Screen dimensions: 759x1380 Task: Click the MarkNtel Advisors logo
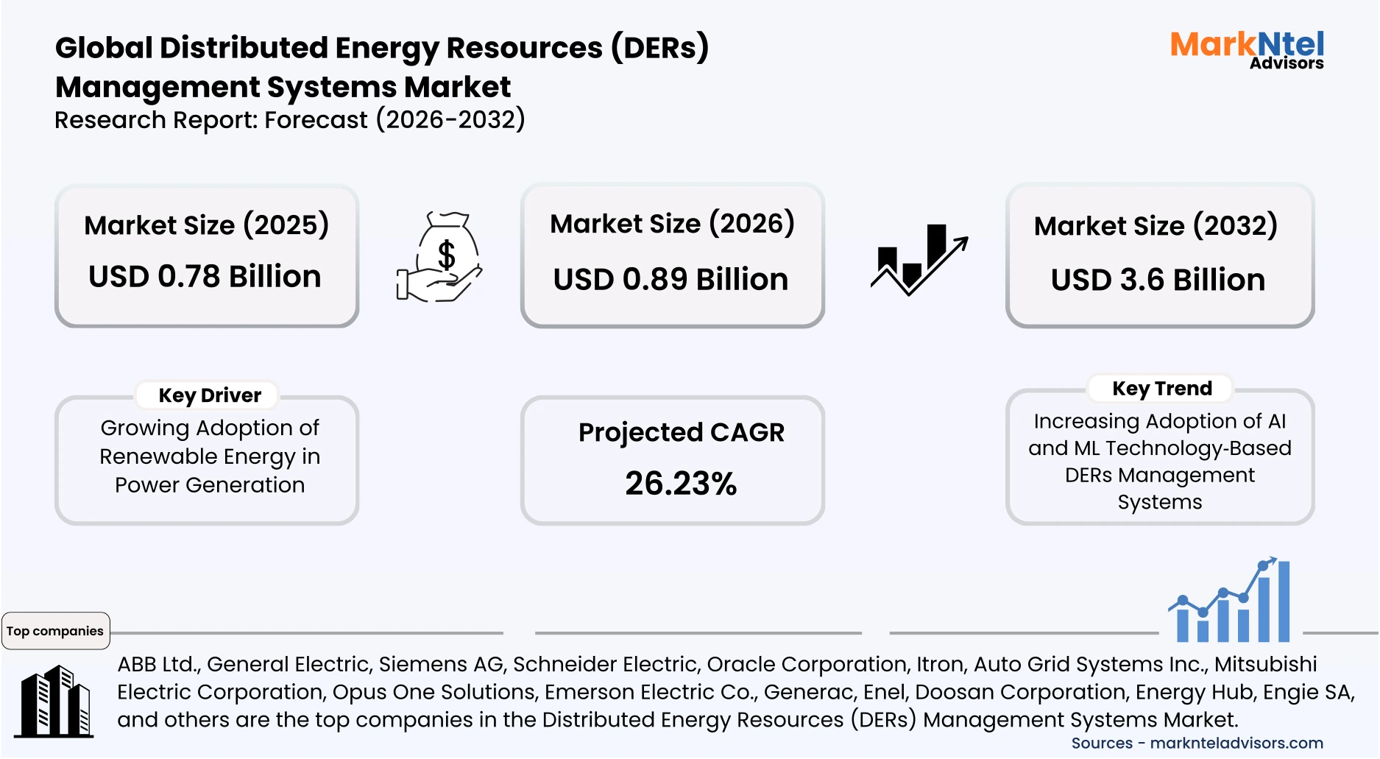[1247, 50]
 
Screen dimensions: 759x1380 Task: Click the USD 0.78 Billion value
[205, 277]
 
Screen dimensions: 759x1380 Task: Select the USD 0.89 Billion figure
[670, 280]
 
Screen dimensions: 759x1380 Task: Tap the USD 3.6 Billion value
[1158, 280]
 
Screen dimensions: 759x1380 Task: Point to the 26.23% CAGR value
[681, 484]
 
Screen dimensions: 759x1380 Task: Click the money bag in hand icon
[440, 258]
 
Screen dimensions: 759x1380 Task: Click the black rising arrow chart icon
[919, 260]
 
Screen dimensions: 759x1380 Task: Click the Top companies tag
[55, 631]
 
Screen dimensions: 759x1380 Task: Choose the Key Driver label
[210, 395]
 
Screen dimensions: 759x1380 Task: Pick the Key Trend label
[1161, 388]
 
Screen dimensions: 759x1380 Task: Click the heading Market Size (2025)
[206, 225]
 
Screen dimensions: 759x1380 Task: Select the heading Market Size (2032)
[1156, 226]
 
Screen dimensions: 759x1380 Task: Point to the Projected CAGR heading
[681, 432]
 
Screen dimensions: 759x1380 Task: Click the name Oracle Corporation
[807, 664]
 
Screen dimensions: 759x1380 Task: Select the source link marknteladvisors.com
[1236, 744]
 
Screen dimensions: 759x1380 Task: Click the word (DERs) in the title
[659, 48]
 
